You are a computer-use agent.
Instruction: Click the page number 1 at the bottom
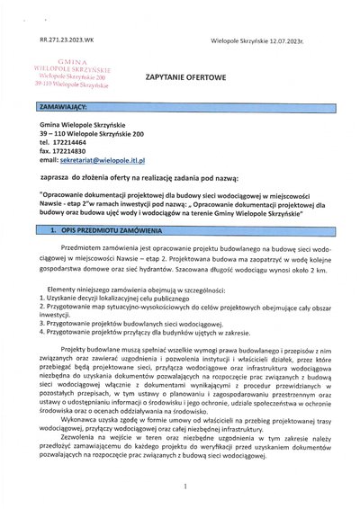pos(183,487)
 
